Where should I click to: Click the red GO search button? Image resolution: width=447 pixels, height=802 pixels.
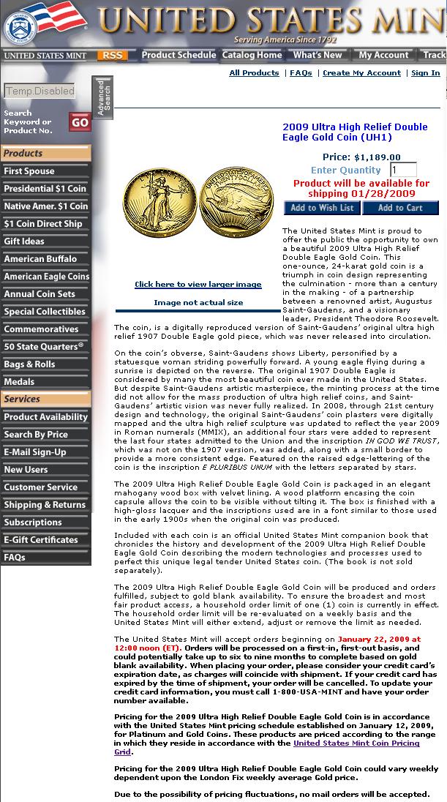(80, 122)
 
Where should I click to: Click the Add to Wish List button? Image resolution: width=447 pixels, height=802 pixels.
(321, 208)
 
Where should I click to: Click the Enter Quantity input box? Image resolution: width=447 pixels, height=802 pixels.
(403, 170)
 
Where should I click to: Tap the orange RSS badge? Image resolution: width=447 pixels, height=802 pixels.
(113, 55)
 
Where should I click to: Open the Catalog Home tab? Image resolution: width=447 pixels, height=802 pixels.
(252, 55)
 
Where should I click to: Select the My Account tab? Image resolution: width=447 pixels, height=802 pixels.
(383, 55)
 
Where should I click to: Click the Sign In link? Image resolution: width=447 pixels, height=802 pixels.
(425, 73)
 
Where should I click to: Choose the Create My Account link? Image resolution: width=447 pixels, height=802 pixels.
(361, 73)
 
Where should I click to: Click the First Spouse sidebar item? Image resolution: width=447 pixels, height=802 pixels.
(29, 171)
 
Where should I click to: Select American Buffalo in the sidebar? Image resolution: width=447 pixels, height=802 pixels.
(40, 259)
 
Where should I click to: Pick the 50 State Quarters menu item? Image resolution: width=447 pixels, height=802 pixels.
(44, 347)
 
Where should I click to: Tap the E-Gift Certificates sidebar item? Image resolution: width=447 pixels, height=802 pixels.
(41, 540)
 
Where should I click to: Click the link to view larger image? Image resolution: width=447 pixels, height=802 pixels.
(198, 285)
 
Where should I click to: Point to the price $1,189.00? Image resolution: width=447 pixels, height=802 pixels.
(377, 157)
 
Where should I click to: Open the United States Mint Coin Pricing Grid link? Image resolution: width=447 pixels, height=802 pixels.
(356, 743)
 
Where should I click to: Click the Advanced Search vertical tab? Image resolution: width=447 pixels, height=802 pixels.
(102, 97)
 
